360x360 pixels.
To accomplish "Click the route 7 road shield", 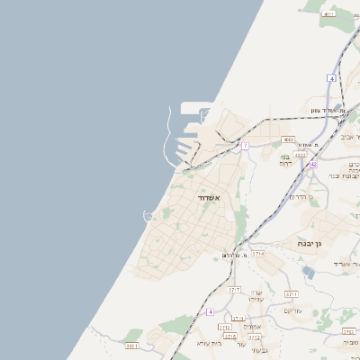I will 244,145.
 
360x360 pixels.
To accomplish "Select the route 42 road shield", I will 313,165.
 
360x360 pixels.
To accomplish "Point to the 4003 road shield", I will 288,139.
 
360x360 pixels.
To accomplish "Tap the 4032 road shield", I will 301,154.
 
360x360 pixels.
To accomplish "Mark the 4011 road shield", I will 328,14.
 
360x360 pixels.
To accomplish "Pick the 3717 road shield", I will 234,289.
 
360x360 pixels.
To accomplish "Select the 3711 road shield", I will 291,294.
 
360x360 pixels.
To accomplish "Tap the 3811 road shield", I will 132,345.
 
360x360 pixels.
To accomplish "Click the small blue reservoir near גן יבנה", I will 309,274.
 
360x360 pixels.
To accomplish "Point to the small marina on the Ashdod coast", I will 149,215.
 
